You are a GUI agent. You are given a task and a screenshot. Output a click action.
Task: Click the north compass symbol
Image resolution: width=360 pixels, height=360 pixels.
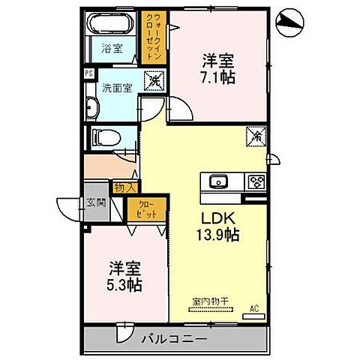pyautogui.click(x=291, y=22)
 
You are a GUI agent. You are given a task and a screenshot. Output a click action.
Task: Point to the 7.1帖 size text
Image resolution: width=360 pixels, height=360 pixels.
pyautogui.click(x=217, y=76)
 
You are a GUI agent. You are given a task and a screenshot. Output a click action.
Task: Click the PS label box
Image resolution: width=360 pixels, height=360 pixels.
pyautogui.click(x=89, y=73)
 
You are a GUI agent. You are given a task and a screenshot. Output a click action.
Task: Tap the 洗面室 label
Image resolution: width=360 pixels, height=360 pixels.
pyautogui.click(x=118, y=87)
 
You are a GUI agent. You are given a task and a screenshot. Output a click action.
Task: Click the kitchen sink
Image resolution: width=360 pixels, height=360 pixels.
pyautogui.click(x=218, y=181)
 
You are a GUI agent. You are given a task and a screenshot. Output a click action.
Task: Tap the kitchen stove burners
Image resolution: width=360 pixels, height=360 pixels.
pyautogui.click(x=256, y=181)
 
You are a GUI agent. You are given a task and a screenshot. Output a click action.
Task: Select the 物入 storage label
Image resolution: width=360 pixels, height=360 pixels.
pyautogui.click(x=124, y=187)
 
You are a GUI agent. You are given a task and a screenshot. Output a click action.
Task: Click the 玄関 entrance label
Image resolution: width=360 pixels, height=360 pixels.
pyautogui.click(x=96, y=202)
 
